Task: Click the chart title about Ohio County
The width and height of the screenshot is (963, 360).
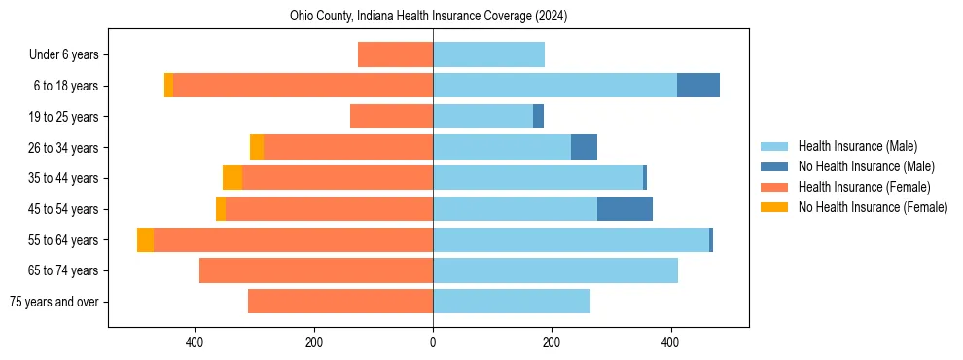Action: [x=428, y=17]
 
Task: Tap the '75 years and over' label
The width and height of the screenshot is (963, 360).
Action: [x=53, y=302]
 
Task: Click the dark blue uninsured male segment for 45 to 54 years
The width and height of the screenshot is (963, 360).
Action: [x=624, y=209]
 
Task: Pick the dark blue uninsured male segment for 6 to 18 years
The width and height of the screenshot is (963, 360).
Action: [x=698, y=86]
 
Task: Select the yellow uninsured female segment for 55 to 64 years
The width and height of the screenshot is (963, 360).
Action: [x=145, y=240]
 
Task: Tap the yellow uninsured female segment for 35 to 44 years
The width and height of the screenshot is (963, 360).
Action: [x=232, y=178]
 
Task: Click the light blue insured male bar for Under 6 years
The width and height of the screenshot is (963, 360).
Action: [x=488, y=55]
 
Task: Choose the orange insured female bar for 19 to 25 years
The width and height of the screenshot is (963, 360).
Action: [x=391, y=117]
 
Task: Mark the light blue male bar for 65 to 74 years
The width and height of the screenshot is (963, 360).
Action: [x=554, y=270]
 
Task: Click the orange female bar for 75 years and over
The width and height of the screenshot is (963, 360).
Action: [x=340, y=302]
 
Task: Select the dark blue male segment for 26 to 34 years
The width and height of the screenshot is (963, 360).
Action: [x=584, y=147]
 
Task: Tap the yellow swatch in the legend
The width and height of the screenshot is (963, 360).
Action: [x=774, y=207]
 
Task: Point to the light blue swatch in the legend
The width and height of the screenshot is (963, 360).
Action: [x=774, y=146]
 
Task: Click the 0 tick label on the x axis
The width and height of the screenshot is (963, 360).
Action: [x=433, y=342]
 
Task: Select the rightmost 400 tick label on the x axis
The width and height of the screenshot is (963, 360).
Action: [x=670, y=342]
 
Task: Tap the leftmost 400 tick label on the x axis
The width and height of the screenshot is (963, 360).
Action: [x=195, y=342]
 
